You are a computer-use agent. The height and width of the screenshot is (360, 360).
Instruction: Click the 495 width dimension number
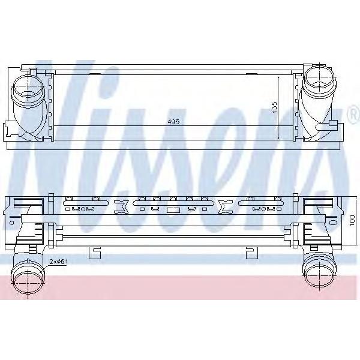click(x=173, y=122)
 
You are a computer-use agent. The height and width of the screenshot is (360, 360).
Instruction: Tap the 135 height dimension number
click(x=274, y=107)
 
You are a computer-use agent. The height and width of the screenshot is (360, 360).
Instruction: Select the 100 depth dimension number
click(x=352, y=220)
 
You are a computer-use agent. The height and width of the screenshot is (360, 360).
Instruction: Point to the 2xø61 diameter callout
click(x=59, y=261)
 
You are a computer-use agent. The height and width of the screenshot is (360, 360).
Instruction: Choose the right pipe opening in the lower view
click(x=319, y=275)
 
